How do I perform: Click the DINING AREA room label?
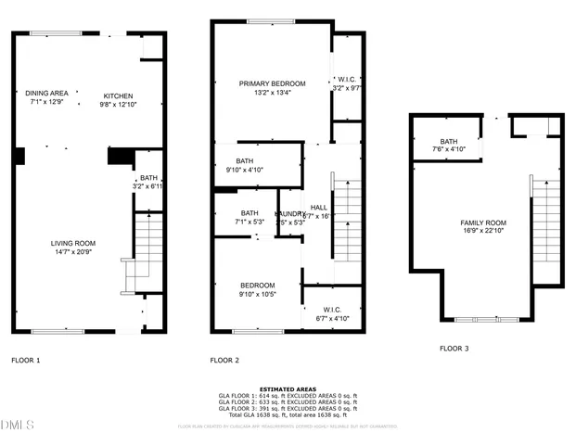[45, 93]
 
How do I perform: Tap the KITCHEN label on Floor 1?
[118, 96]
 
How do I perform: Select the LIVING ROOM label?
[73, 243]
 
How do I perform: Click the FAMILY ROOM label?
[483, 222]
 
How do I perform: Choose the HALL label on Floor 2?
[318, 208]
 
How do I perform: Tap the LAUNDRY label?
[290, 213]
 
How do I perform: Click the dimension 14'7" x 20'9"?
[73, 252]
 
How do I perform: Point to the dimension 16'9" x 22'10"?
[483, 232]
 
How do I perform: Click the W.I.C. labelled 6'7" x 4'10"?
[329, 313]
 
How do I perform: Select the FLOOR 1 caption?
[25, 359]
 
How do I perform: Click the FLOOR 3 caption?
[454, 349]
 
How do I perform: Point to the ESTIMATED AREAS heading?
[288, 389]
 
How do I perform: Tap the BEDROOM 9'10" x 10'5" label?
[257, 289]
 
